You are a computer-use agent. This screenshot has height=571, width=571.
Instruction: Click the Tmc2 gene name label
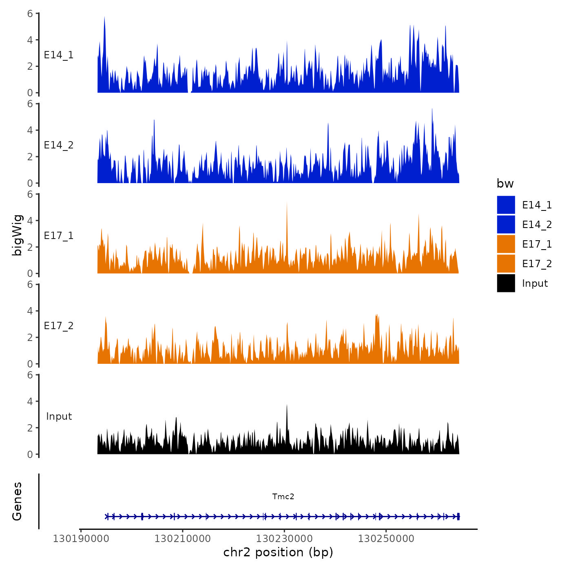click(x=283, y=496)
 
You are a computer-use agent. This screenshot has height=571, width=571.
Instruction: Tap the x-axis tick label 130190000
click(x=81, y=539)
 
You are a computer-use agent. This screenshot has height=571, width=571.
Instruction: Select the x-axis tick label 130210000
click(x=183, y=539)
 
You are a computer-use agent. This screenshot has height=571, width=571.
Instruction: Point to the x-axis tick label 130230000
click(x=284, y=539)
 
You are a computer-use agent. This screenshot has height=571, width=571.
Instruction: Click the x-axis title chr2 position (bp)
click(x=278, y=552)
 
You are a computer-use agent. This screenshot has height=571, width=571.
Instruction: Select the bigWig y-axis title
click(x=17, y=235)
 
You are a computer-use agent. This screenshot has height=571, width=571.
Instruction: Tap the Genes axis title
click(x=17, y=501)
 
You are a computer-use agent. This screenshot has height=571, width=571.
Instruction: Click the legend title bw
click(x=505, y=184)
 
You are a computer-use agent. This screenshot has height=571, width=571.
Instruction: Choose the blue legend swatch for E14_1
click(x=506, y=205)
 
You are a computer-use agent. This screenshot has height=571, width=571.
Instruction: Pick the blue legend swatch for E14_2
click(x=506, y=224)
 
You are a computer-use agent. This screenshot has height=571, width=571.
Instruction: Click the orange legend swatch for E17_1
click(x=506, y=244)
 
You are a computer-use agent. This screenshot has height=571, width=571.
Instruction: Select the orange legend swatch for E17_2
click(x=506, y=263)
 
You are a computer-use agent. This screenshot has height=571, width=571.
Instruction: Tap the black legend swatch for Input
click(x=506, y=283)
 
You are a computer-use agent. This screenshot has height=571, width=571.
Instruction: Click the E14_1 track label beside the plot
click(x=59, y=55)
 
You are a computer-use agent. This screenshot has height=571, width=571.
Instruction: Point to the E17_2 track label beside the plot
click(x=59, y=326)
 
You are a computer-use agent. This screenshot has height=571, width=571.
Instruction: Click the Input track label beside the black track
click(x=59, y=416)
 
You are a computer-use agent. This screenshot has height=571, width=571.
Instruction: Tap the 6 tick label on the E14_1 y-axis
click(x=30, y=13)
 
